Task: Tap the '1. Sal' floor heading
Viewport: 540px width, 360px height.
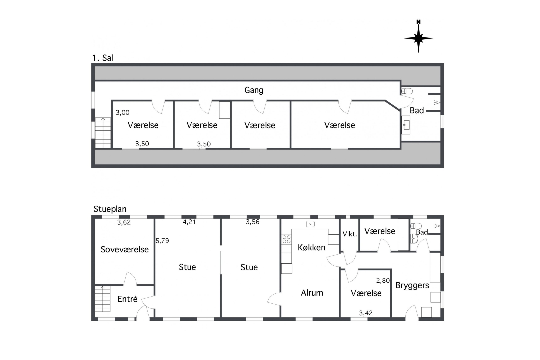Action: [103, 58]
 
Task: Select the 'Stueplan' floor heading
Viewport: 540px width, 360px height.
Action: [110, 209]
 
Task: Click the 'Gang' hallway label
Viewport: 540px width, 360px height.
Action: [254, 90]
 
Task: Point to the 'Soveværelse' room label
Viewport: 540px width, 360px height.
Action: [125, 249]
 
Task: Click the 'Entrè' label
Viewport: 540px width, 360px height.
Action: [127, 299]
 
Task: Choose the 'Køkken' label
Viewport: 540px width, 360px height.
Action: [311, 247]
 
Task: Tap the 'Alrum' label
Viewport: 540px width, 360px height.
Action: [312, 293]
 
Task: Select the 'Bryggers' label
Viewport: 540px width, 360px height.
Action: [412, 285]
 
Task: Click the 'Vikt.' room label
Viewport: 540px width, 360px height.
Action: [350, 234]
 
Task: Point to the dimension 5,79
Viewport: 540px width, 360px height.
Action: [162, 241]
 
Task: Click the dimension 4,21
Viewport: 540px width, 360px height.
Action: [189, 222]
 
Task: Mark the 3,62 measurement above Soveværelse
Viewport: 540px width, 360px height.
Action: [124, 222]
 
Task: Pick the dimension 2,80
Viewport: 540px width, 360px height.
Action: [383, 280]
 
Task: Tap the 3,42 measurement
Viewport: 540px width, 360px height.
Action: [366, 313]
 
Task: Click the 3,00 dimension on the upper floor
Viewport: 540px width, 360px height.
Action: [122, 113]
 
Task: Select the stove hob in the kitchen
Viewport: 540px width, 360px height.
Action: [286, 239]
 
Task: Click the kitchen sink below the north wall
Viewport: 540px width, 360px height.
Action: [310, 224]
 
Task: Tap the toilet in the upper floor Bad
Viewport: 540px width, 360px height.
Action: [407, 91]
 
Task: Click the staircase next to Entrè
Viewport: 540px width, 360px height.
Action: [102, 299]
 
